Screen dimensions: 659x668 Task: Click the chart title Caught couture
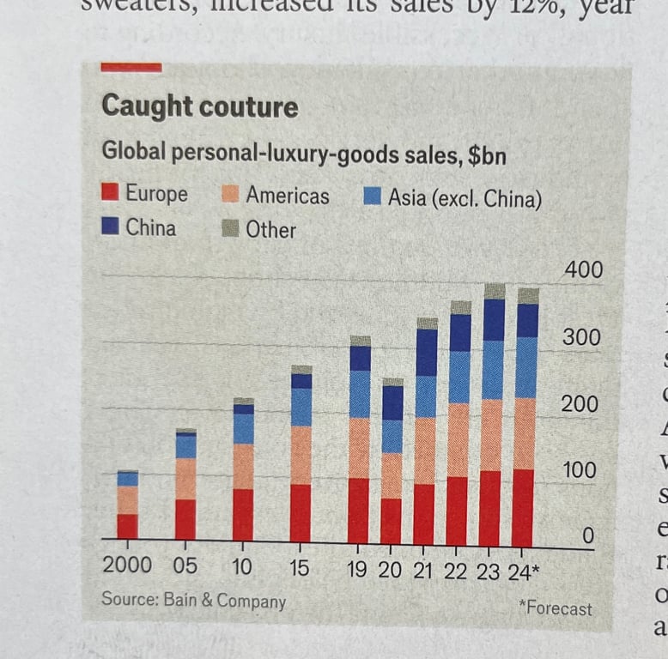(x=199, y=106)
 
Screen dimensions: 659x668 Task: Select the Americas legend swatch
(x=230, y=195)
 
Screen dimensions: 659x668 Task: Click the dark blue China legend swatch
(x=110, y=228)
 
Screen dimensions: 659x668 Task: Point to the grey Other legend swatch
(x=230, y=229)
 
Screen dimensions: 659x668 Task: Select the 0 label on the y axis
(x=588, y=536)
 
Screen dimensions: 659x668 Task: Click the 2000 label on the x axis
(x=126, y=565)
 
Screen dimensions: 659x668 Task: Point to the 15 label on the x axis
(x=300, y=568)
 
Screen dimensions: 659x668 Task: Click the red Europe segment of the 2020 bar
(x=392, y=521)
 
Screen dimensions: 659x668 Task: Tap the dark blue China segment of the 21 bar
(x=425, y=352)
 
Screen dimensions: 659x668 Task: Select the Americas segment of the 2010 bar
(x=243, y=466)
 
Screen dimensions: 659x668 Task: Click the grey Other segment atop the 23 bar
(x=494, y=291)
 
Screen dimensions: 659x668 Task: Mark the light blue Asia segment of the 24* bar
(x=525, y=366)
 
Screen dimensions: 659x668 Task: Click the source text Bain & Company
(x=193, y=600)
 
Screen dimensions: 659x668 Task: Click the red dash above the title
(x=131, y=67)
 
